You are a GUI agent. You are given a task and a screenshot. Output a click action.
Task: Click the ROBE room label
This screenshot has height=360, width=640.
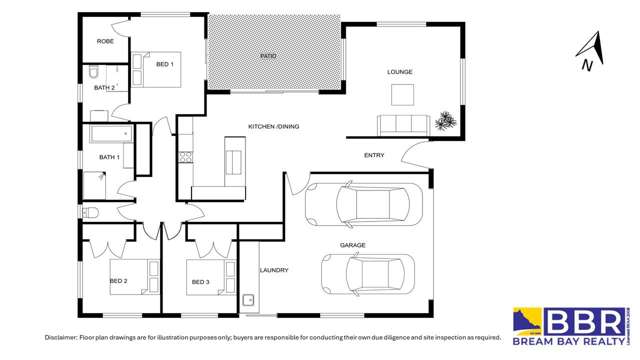(105, 41)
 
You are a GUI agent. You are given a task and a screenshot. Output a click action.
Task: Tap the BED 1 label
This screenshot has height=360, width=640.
(165, 65)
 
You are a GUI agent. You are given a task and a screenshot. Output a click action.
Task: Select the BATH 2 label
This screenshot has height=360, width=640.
(105, 88)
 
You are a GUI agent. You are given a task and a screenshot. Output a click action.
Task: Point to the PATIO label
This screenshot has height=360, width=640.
(267, 56)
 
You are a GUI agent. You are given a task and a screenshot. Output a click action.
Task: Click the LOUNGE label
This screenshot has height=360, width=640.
(400, 72)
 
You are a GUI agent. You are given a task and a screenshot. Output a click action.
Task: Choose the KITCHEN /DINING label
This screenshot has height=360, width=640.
(273, 126)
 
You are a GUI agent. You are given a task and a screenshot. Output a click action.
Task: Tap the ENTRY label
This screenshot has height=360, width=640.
(374, 155)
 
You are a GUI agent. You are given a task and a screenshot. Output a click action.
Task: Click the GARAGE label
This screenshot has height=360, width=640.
(352, 244)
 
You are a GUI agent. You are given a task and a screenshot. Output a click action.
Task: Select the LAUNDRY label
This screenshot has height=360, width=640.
(273, 270)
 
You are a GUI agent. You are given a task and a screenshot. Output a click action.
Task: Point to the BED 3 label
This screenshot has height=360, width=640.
(200, 283)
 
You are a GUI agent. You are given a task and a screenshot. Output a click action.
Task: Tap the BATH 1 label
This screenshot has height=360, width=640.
(109, 157)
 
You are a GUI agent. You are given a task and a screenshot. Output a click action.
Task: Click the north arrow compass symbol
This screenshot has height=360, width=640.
(591, 52)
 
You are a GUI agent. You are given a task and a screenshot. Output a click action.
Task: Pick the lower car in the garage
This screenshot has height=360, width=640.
(367, 272)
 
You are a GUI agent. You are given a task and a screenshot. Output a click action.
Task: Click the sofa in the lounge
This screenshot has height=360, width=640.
(402, 124)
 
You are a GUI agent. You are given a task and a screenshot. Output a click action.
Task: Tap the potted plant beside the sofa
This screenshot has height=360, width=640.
(444, 121)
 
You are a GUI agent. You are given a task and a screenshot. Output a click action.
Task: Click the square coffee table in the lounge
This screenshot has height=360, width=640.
(403, 95)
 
